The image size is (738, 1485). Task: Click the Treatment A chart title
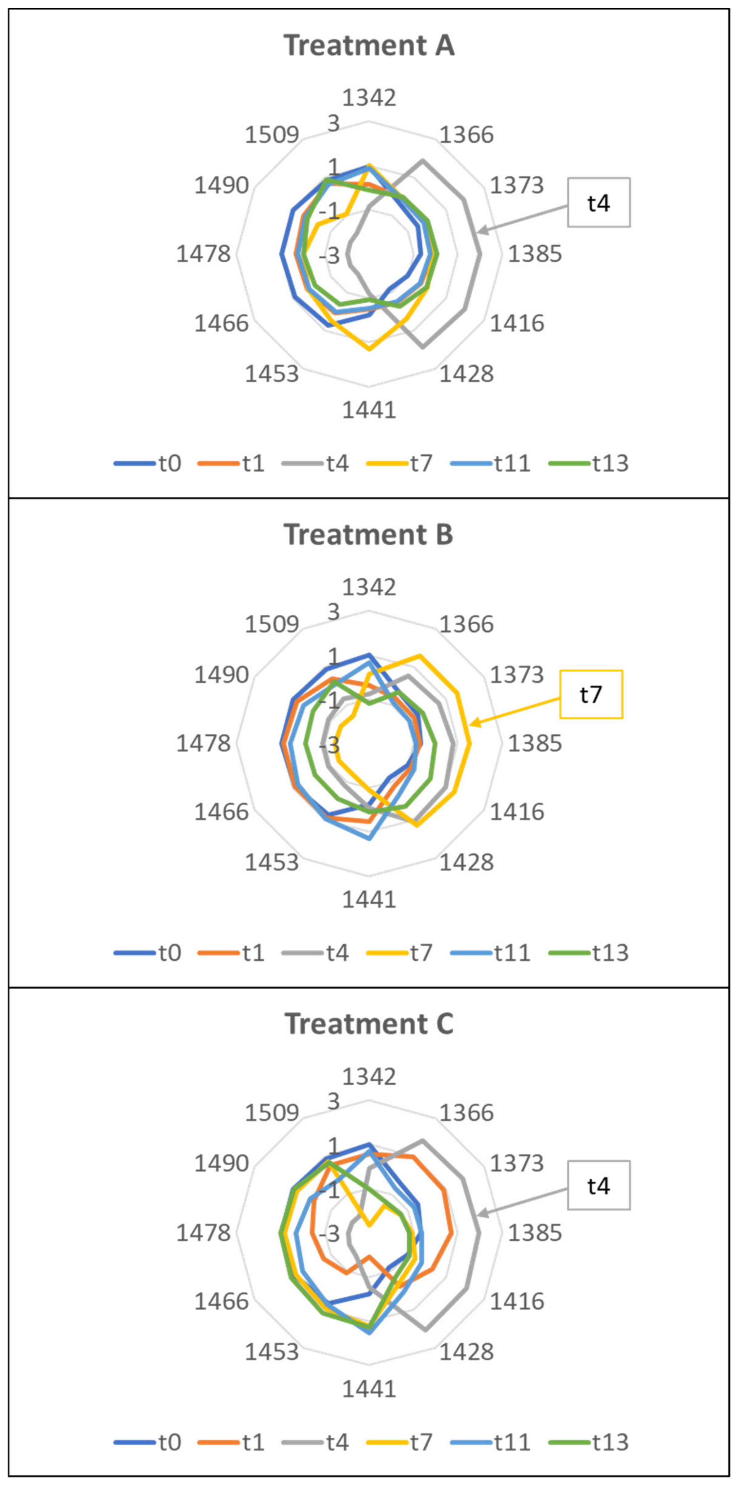(x=369, y=45)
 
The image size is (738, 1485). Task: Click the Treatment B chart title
(x=369, y=535)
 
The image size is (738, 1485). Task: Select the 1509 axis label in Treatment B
(x=272, y=624)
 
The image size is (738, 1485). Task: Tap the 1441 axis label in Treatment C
(x=369, y=1389)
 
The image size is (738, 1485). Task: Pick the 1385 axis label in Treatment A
(x=534, y=254)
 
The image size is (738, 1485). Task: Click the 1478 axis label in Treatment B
(x=203, y=744)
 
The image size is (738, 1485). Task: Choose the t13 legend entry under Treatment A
(x=589, y=464)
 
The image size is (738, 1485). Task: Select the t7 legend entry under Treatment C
(x=400, y=1442)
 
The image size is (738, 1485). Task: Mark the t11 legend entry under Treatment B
(x=490, y=953)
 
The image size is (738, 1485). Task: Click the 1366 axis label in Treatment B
(x=467, y=624)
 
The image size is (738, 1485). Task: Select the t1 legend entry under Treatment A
(x=231, y=464)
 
